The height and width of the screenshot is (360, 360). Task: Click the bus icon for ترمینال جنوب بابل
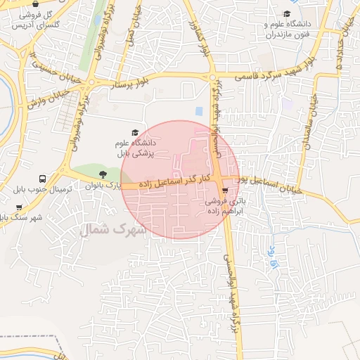coord(43,179)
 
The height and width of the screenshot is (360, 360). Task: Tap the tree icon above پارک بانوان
coord(103,174)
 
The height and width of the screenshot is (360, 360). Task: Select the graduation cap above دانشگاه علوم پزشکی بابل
coord(135,132)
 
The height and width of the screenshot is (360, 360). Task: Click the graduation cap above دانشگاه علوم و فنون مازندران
coord(286,14)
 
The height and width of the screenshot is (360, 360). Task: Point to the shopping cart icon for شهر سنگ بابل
coord(18,207)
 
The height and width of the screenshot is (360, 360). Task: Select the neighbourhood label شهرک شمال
coord(113,229)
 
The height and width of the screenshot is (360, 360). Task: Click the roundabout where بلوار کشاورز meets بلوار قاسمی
coord(212,77)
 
